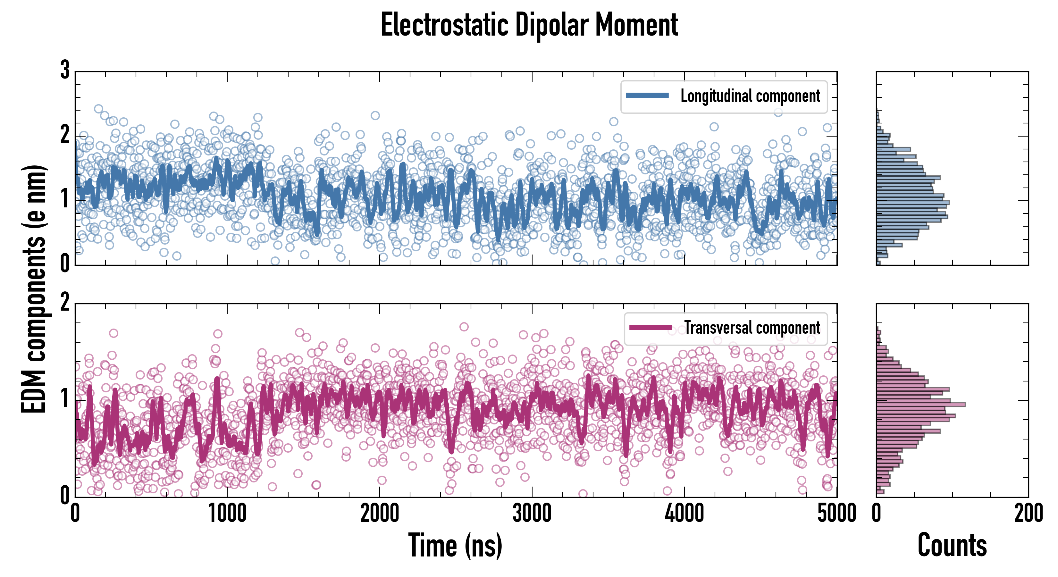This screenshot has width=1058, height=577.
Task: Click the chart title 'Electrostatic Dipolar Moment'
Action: click(529, 25)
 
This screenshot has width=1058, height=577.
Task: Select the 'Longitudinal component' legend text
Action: click(750, 96)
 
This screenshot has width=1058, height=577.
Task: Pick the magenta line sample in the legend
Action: click(651, 328)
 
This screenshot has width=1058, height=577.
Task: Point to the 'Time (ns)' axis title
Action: click(455, 545)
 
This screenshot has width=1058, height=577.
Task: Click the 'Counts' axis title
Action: click(952, 545)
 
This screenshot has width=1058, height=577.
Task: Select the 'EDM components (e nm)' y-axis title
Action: click(34, 289)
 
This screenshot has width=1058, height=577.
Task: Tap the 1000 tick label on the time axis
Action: click(227, 513)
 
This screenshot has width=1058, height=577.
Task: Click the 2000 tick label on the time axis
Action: click(380, 513)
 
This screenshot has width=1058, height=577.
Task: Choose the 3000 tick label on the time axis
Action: click(532, 513)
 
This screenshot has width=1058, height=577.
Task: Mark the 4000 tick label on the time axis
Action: click(684, 513)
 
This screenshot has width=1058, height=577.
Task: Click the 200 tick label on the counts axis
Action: click(1028, 513)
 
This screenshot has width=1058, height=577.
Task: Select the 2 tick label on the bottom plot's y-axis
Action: click(65, 303)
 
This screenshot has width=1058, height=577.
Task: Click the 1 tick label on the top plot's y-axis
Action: click(65, 200)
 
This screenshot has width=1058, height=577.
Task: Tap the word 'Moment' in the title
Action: click(636, 25)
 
